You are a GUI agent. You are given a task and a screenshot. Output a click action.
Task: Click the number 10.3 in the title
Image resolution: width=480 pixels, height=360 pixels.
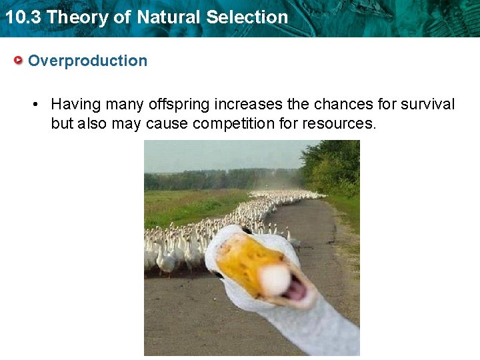[x=22, y=17]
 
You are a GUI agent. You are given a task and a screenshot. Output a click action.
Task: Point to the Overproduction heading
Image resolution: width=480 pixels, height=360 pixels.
[x=87, y=61]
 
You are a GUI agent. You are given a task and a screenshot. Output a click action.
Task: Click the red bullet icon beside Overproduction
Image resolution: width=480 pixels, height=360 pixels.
[x=19, y=61]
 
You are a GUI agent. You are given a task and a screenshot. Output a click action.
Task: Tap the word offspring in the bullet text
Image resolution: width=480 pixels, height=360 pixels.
[x=177, y=105]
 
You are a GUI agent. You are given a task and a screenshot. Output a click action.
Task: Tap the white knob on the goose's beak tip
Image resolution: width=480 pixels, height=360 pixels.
[x=274, y=279]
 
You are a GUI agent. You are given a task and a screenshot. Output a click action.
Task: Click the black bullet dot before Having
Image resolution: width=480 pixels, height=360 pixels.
[x=37, y=105]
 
